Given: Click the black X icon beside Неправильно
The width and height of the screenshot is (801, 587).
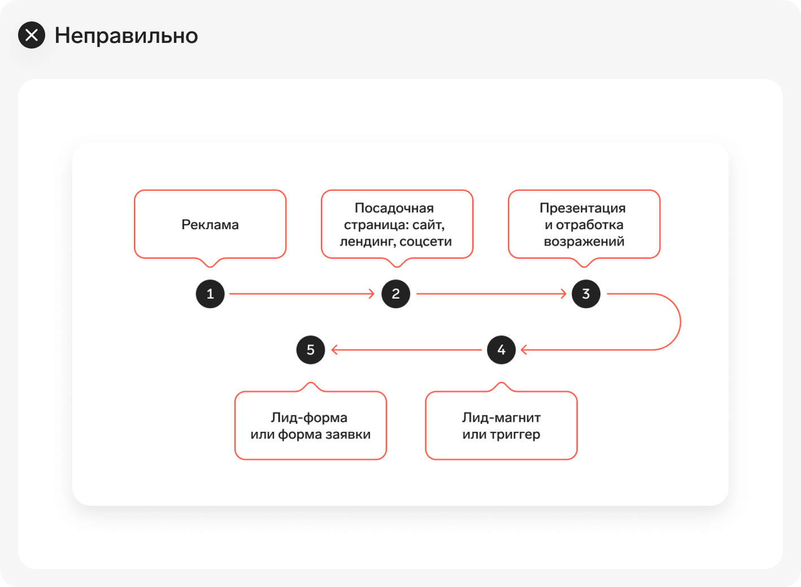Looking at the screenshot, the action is pyautogui.click(x=32, y=35).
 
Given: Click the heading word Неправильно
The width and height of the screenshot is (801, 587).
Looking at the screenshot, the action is pyautogui.click(x=126, y=36).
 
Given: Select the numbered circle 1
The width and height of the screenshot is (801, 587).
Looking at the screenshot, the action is pyautogui.click(x=210, y=293).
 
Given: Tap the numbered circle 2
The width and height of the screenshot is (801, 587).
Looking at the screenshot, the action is pyautogui.click(x=396, y=293).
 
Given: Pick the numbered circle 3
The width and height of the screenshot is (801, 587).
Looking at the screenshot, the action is pyautogui.click(x=586, y=293).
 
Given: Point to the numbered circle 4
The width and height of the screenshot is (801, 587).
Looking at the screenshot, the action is pyautogui.click(x=502, y=350).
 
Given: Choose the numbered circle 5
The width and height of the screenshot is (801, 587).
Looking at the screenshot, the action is pyautogui.click(x=311, y=350).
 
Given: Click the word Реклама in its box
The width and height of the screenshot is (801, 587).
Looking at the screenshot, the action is pyautogui.click(x=210, y=225).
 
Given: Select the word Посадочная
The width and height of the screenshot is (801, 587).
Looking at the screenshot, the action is pyautogui.click(x=394, y=208).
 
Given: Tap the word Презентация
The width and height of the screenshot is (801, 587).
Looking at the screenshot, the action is pyautogui.click(x=583, y=208).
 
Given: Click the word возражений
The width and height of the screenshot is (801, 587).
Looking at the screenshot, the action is pyautogui.click(x=584, y=242).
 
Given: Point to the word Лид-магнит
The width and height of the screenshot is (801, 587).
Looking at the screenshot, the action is pyautogui.click(x=502, y=418).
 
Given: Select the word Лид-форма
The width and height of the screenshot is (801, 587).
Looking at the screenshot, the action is pyautogui.click(x=309, y=418).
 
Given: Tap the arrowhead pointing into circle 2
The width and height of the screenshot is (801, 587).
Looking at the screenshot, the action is pyautogui.click(x=371, y=293).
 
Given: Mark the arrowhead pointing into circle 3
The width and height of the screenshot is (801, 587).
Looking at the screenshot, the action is pyautogui.click(x=563, y=293).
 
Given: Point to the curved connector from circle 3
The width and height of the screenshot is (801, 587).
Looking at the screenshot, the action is pyautogui.click(x=680, y=322).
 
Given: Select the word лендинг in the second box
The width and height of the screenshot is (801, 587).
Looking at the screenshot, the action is pyautogui.click(x=367, y=242).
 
